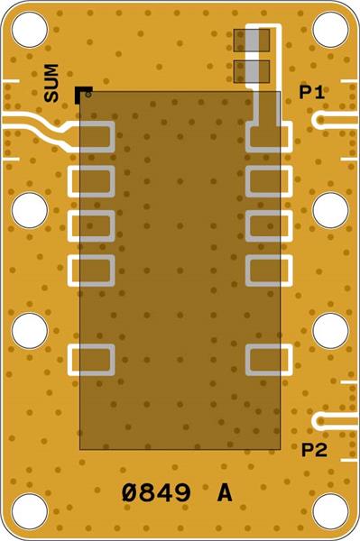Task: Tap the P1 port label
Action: pos(313,92)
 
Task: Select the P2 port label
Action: pos(314,449)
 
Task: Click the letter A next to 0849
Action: pos(225,493)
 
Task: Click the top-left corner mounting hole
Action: pos(30,30)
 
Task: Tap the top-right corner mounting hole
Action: pos(330,30)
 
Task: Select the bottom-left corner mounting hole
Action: pos(30,511)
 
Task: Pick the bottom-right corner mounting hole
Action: pos(330,511)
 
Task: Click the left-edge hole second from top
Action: pos(30,210)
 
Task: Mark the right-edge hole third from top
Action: pos(330,331)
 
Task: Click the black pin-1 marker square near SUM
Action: pos(83,92)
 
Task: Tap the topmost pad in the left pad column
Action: pos(92,137)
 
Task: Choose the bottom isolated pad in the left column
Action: pos(92,360)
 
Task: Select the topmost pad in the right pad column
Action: pos(268,137)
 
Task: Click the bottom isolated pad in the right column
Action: pos(268,360)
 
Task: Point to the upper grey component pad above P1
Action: pos(252,41)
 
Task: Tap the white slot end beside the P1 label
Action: pos(320,120)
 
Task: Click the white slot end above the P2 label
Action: pos(320,420)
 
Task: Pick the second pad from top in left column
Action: pos(92,181)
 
